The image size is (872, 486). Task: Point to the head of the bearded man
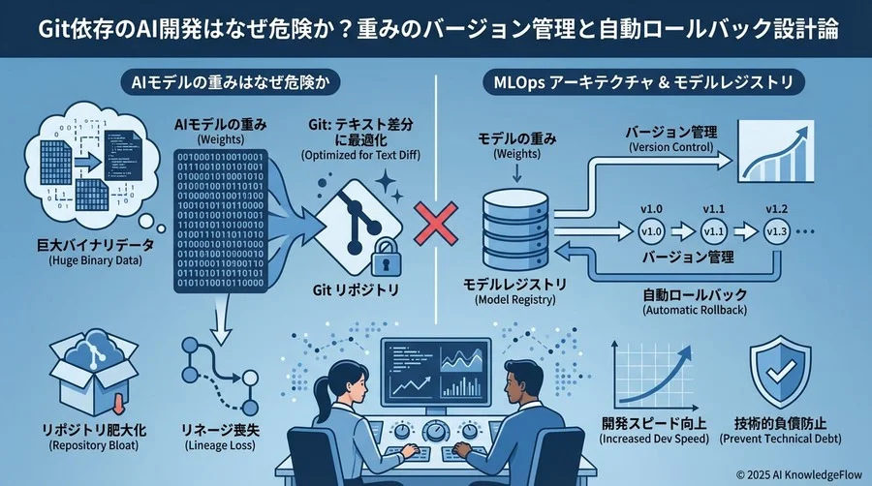tap(506, 374)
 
